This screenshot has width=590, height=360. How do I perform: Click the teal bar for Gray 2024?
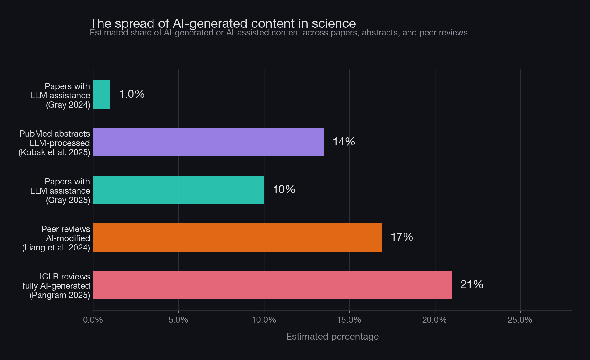tap(102, 94)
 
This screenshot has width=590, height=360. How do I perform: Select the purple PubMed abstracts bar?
tap(208, 142)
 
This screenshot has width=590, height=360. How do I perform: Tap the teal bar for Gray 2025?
tap(178, 190)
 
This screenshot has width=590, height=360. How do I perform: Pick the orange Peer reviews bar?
tap(237, 237)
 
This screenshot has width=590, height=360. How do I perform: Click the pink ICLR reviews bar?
tap(272, 285)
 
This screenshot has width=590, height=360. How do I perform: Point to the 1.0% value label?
tap(132, 94)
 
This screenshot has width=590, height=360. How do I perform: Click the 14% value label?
tap(344, 142)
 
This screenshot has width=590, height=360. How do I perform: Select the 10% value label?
tap(284, 189)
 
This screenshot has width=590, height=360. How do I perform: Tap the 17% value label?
tap(402, 237)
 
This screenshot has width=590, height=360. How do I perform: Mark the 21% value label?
tap(471, 284)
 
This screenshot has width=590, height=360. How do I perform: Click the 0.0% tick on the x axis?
tap(93, 320)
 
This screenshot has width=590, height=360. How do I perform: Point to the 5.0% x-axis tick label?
tap(178, 320)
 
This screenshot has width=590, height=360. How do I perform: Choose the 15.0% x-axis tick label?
tap(349, 320)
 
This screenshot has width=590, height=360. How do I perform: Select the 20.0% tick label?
tap(435, 320)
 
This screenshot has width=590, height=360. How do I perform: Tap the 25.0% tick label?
tap(520, 320)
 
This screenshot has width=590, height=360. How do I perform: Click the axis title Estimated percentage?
tap(332, 337)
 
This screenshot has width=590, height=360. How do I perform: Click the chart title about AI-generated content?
tap(223, 23)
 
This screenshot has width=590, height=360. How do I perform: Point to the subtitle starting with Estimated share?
tap(278, 33)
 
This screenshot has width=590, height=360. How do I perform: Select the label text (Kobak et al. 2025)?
tap(54, 152)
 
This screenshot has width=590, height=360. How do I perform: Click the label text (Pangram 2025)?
tap(60, 295)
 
